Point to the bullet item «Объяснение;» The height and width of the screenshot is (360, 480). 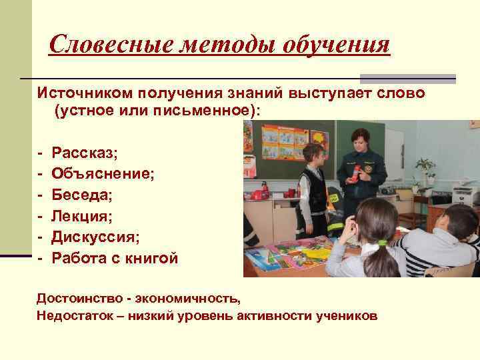103,174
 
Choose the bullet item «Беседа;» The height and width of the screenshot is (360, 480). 83,195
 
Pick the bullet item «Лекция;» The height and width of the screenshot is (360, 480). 83,216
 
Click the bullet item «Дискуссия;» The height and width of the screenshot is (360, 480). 97,237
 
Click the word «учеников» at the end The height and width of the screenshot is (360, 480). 347,315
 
